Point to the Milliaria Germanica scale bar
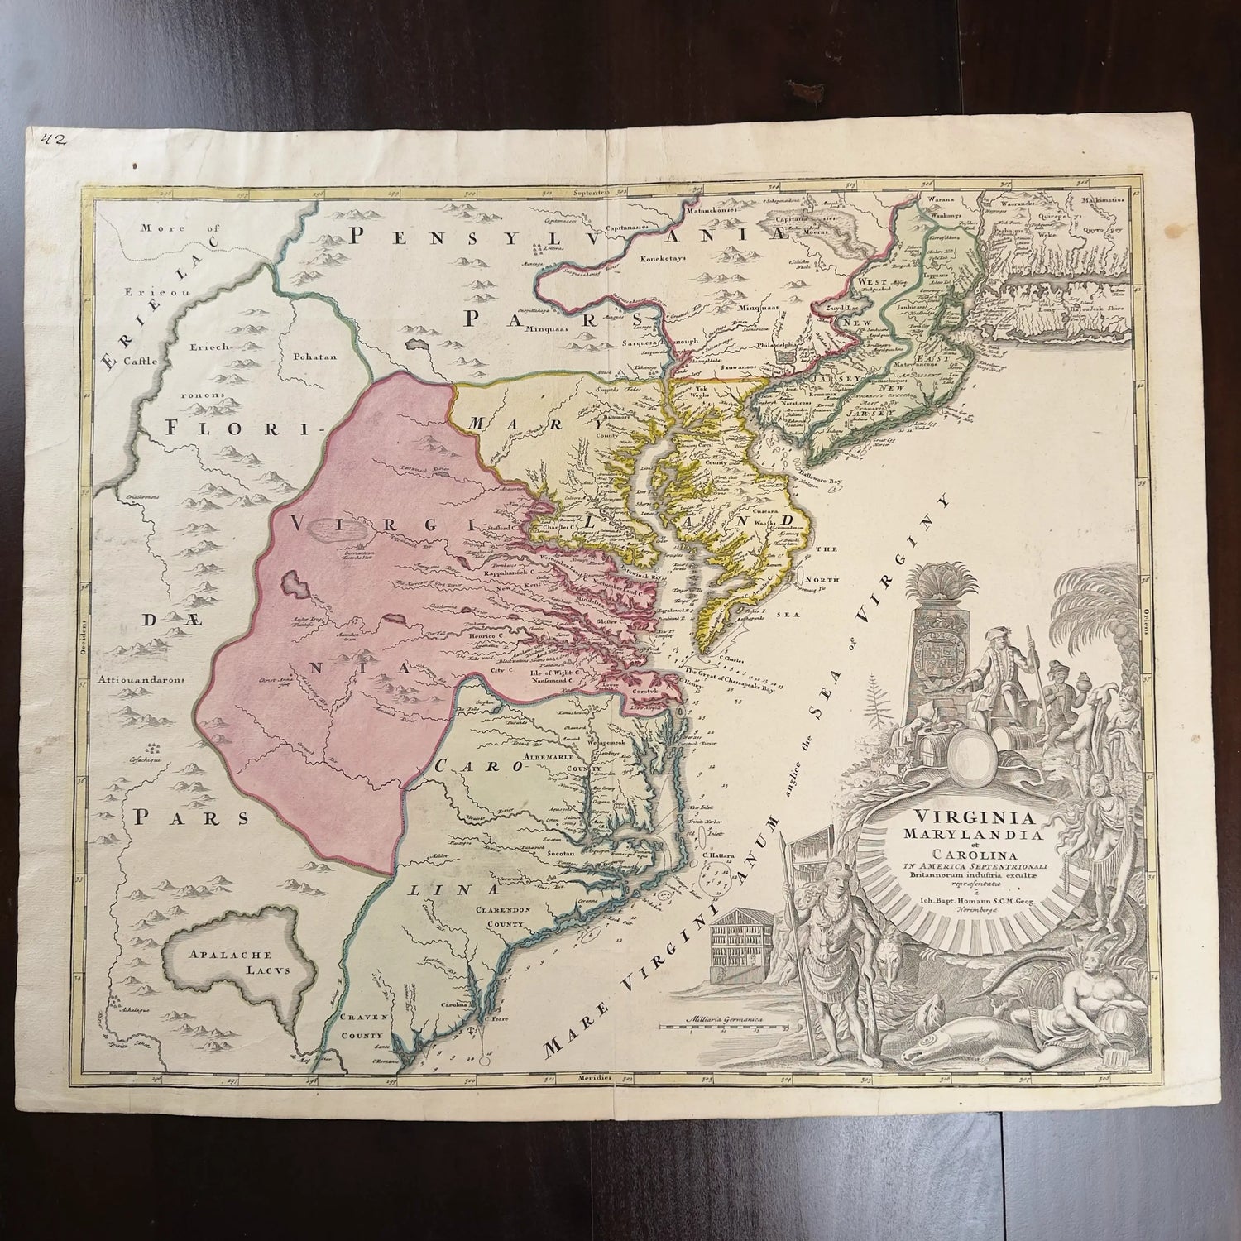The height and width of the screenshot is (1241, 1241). pyautogui.click(x=721, y=1023)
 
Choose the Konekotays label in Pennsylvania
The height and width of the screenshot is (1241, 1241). pyautogui.click(x=669, y=257)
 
